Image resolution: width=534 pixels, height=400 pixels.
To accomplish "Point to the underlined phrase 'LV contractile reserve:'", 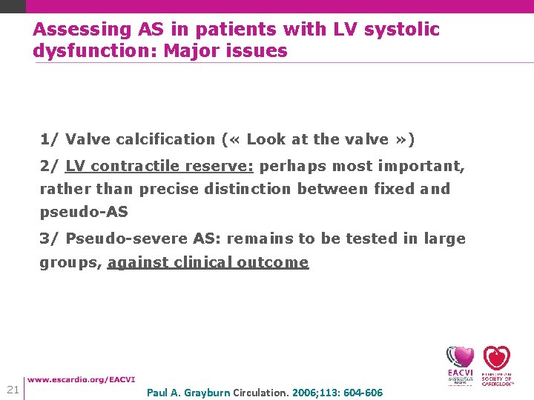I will pos(159,166).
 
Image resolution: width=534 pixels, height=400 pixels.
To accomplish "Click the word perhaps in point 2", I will pos(292,166).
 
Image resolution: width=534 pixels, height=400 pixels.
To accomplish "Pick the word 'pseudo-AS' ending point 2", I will pos(84,212).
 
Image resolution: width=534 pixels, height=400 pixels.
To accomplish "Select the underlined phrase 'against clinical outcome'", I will pos(208,262).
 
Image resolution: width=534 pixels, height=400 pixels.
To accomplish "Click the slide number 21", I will pos(13,390).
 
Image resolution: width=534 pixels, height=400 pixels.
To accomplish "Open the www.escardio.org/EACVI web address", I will pos(81,380).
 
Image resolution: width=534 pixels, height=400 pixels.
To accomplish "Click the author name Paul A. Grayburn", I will pos(188,393).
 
